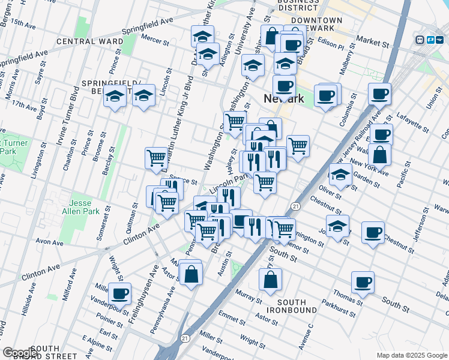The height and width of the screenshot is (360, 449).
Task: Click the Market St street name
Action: (x=372, y=43)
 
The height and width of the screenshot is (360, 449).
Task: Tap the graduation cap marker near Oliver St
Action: (x=340, y=175)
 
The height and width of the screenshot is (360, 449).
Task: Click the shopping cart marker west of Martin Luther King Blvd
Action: (x=156, y=158)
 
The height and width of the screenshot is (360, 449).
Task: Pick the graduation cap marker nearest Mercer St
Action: (x=202, y=35)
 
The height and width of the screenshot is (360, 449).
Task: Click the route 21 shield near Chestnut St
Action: (x=296, y=206)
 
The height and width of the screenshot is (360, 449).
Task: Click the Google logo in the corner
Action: (x=20, y=353)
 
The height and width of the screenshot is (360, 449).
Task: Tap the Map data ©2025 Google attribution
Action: (x=411, y=355)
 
